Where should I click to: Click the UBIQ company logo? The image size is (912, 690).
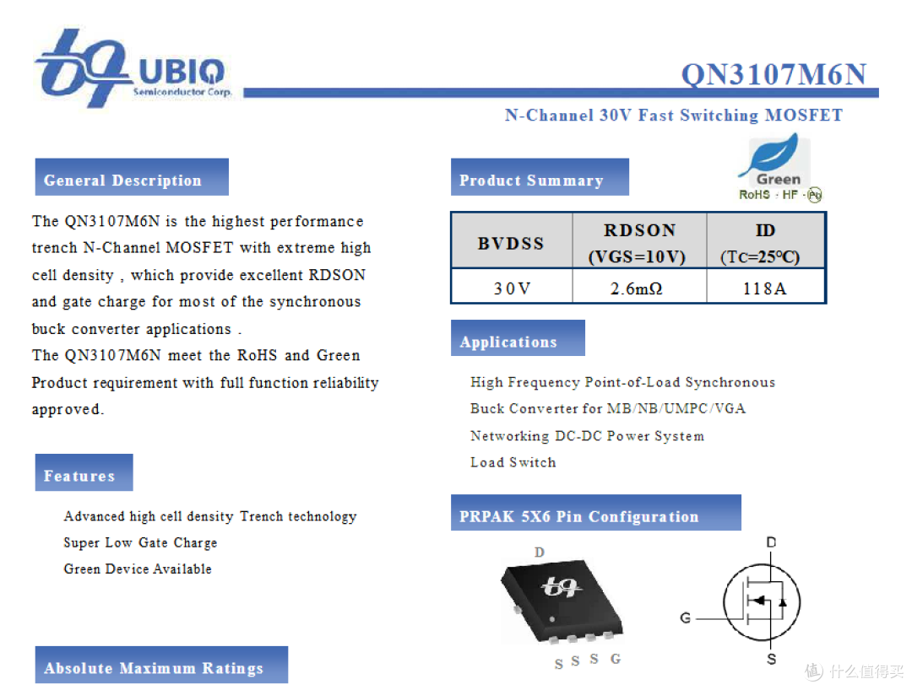[133, 68]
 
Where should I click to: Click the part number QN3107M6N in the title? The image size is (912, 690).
[774, 74]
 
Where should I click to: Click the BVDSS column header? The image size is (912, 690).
[511, 244]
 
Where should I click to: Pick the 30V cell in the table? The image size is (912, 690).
[512, 288]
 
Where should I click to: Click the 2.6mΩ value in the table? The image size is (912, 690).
[637, 288]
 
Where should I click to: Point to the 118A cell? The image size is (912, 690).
[764, 288]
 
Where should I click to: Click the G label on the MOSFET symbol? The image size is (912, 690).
[686, 618]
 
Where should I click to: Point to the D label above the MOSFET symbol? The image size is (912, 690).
[771, 542]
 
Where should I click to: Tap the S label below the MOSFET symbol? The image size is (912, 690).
[771, 660]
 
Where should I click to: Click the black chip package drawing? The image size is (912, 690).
[561, 601]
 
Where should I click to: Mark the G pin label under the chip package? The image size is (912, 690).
[616, 659]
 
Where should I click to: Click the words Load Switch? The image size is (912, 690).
[513, 462]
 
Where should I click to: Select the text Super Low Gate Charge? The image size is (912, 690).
[140, 542]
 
